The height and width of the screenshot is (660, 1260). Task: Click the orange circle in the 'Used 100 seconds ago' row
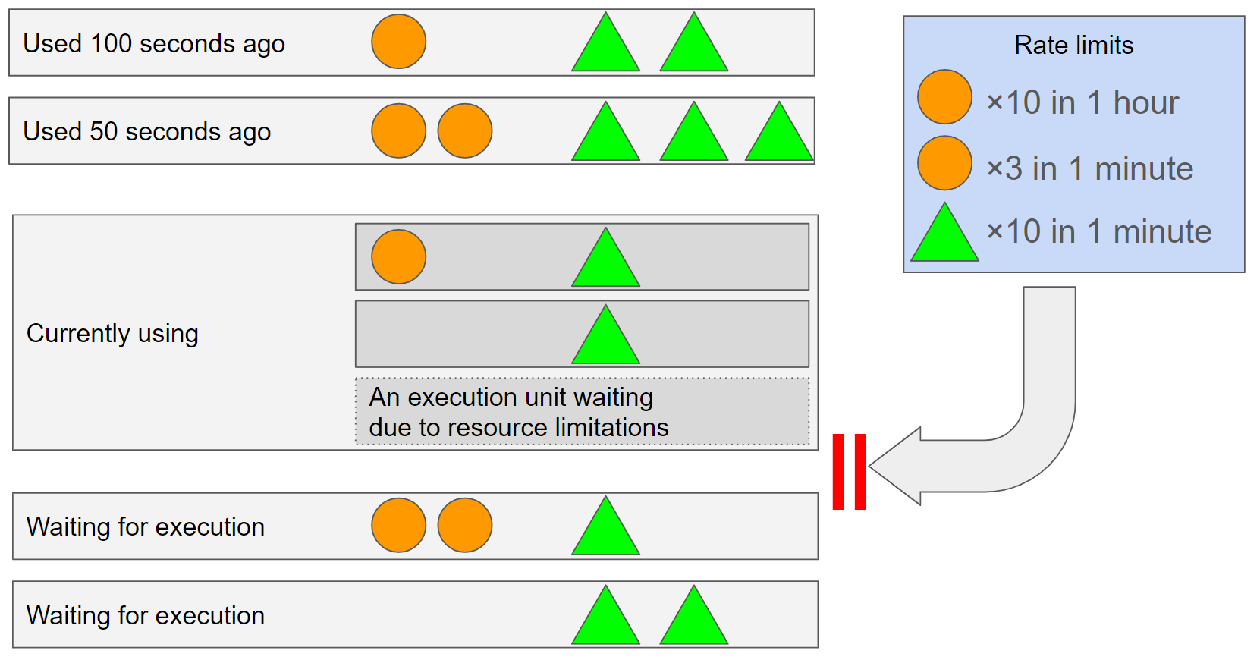[398, 42]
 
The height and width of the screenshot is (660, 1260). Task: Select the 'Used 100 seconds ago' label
[154, 44]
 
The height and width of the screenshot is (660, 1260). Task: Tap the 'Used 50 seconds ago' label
[146, 132]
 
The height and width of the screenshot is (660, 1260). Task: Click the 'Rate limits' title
[1073, 46]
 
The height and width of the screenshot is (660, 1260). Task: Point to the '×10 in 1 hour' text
[1082, 102]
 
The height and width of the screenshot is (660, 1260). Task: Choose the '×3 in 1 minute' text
[1089, 168]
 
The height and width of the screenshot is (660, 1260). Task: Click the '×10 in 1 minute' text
[1098, 231]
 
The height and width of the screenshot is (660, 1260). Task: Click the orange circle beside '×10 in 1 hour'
[944, 97]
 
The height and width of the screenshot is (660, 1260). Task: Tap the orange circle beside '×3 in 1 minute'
[944, 163]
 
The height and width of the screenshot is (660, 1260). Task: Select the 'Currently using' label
[112, 334]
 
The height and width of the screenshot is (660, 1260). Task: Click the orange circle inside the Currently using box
[398, 257]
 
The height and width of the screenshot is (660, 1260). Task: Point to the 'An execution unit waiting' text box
[582, 412]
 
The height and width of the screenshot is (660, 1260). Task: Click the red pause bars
[849, 471]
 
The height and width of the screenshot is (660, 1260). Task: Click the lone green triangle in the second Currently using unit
[605, 340]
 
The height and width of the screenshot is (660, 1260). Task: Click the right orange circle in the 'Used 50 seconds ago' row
[465, 130]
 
